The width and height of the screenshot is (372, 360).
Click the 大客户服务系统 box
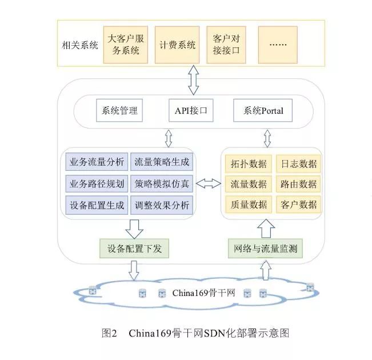pos(124,45)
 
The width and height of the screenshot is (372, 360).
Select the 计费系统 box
pos(177,45)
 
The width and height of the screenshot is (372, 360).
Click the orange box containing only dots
pos(278,45)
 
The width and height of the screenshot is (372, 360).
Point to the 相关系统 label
pos(80,45)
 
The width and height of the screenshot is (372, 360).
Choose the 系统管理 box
pos(119,111)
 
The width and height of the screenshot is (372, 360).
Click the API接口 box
pos(191,111)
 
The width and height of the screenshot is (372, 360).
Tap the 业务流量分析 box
pos(96,162)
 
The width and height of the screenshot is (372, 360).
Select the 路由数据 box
pos(298,184)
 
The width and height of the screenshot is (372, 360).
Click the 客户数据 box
pos(298,205)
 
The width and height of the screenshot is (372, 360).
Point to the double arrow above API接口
pos(193,80)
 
